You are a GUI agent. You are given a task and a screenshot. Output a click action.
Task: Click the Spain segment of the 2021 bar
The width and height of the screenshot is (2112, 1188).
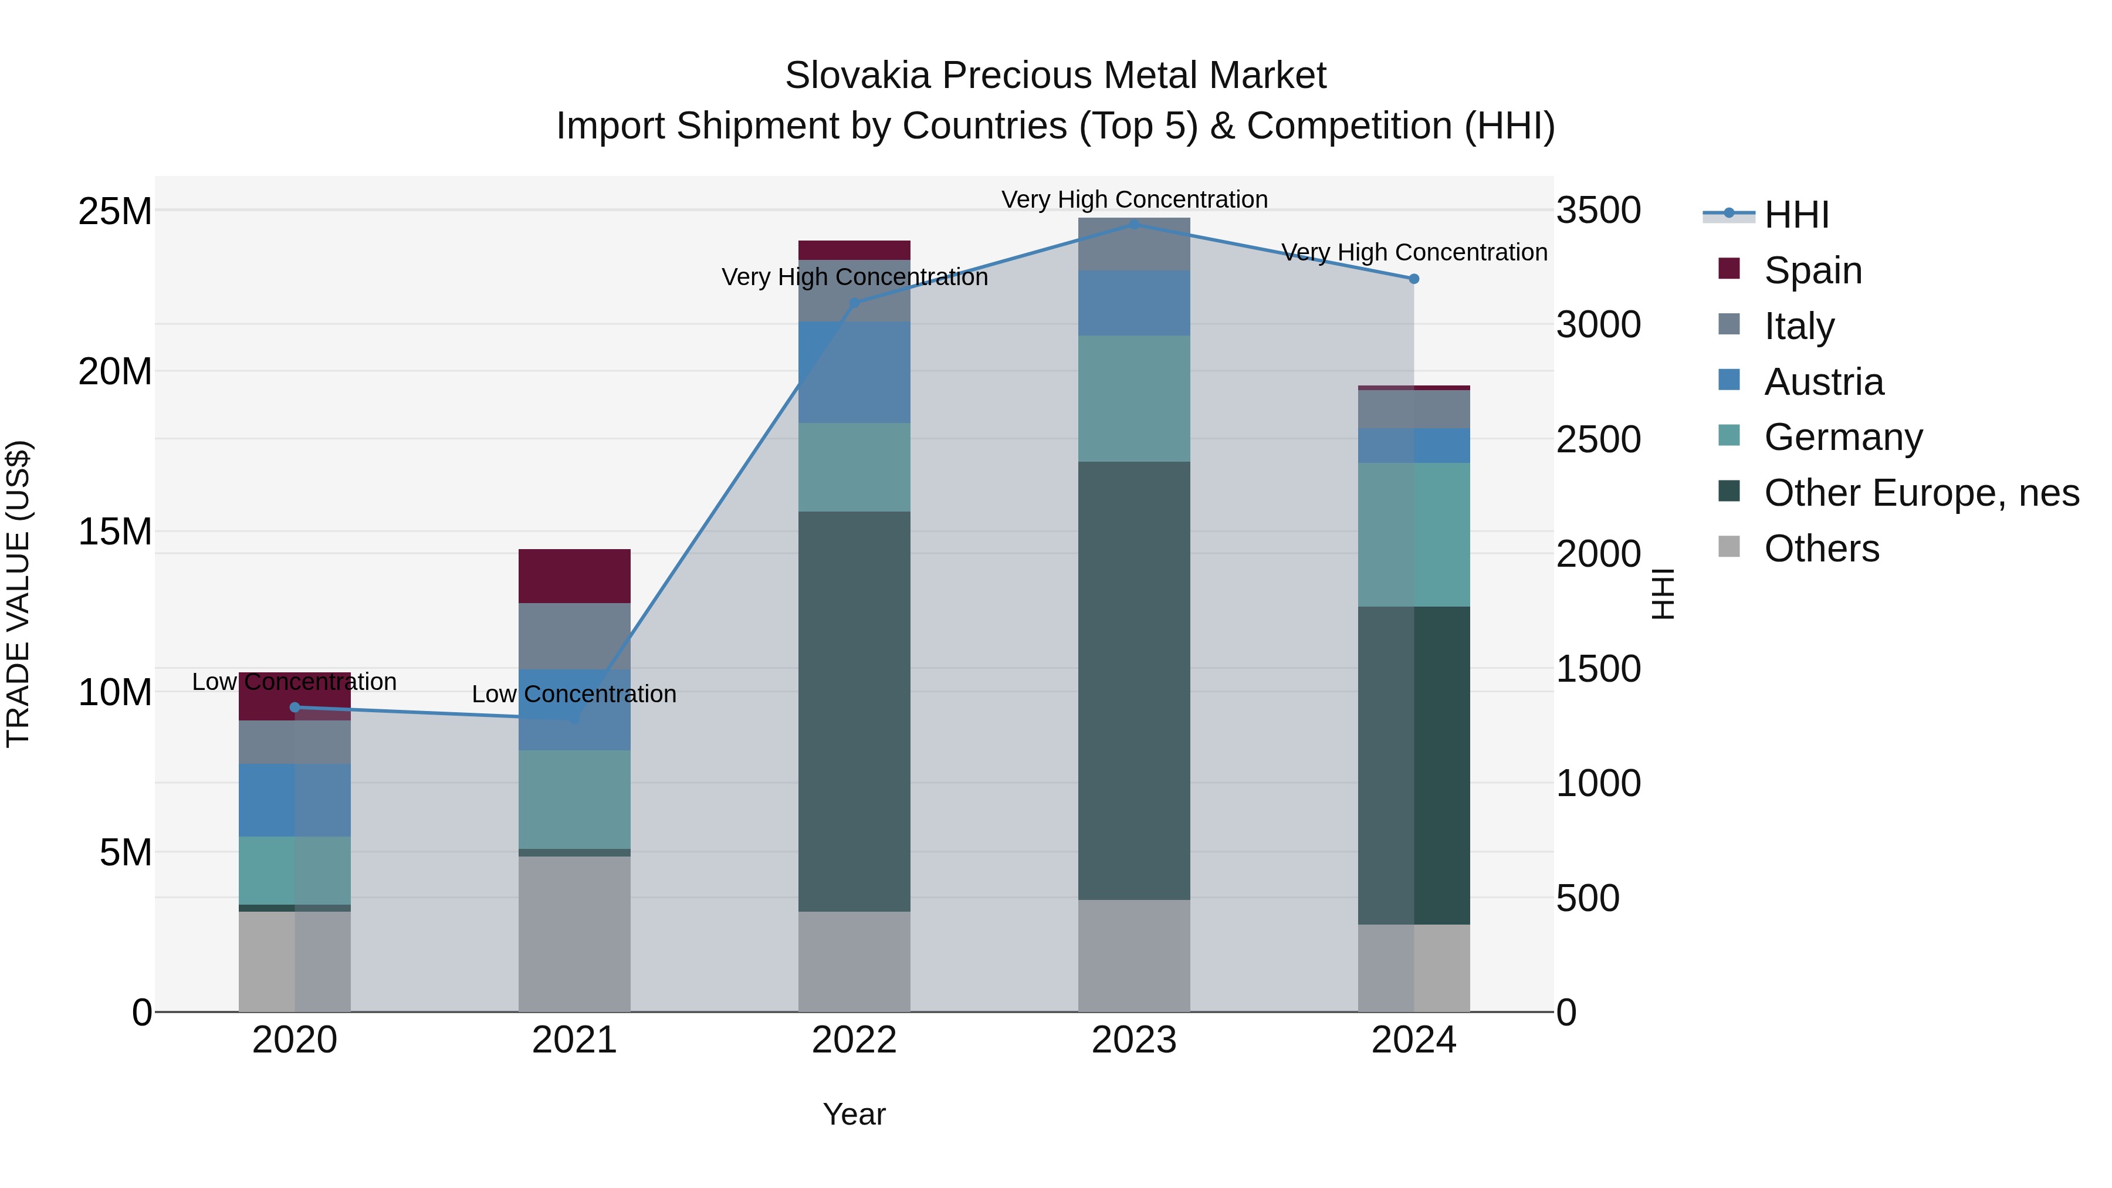[x=574, y=576]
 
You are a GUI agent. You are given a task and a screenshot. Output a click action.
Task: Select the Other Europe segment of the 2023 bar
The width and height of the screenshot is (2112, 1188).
[x=1134, y=681]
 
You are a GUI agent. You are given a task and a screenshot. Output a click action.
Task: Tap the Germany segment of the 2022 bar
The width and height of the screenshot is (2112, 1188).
[x=854, y=468]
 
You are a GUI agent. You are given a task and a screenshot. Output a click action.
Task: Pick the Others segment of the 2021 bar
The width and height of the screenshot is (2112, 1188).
[x=574, y=934]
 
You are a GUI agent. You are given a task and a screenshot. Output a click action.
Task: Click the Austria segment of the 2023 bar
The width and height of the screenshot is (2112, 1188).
[x=1134, y=303]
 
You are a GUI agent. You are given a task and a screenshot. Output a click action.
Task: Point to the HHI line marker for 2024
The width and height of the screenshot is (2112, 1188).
[x=1413, y=279]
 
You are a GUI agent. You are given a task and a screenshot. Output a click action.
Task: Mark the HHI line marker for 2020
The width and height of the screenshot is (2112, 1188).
[x=295, y=708]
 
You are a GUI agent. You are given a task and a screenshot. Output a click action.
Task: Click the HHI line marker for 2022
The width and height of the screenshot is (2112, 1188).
[x=854, y=303]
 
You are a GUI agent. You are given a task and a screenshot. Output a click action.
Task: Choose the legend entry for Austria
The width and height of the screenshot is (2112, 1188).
[x=1823, y=382]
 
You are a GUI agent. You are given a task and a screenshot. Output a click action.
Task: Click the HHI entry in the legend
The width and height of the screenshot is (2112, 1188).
[x=1796, y=215]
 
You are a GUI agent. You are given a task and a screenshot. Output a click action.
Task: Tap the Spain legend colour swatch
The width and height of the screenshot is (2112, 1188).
[x=1729, y=269]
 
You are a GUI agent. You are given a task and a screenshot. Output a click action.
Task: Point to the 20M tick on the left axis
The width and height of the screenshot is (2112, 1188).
[x=115, y=371]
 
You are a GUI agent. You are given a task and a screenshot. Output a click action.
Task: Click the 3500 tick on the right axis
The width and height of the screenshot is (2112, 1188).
[x=1598, y=211]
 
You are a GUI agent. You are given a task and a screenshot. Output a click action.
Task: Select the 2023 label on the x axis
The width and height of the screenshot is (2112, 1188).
[x=1134, y=1040]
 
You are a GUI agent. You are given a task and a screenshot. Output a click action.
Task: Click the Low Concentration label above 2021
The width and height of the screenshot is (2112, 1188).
[x=574, y=695]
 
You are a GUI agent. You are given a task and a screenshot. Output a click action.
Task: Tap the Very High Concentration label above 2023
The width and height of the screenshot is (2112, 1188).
[x=1134, y=199]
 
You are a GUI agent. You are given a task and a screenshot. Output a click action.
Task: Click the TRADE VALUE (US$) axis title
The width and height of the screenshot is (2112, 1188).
[x=18, y=594]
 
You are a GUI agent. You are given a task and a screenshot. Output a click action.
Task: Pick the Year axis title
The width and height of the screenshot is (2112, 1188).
[x=854, y=1114]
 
